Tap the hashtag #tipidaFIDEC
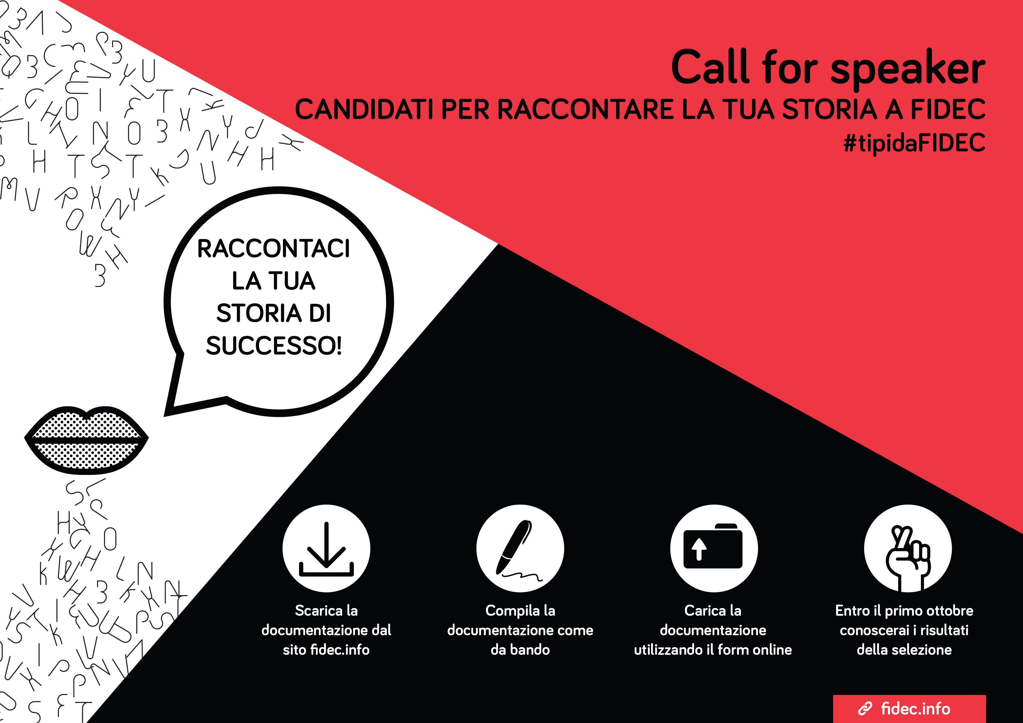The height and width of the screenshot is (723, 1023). pos(914,143)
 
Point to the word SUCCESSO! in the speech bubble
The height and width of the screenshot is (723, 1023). pos(274,345)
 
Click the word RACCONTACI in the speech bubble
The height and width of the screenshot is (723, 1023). pos(274,248)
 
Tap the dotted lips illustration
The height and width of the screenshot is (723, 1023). pos(86,440)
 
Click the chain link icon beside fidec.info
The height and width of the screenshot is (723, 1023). pos(865,708)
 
